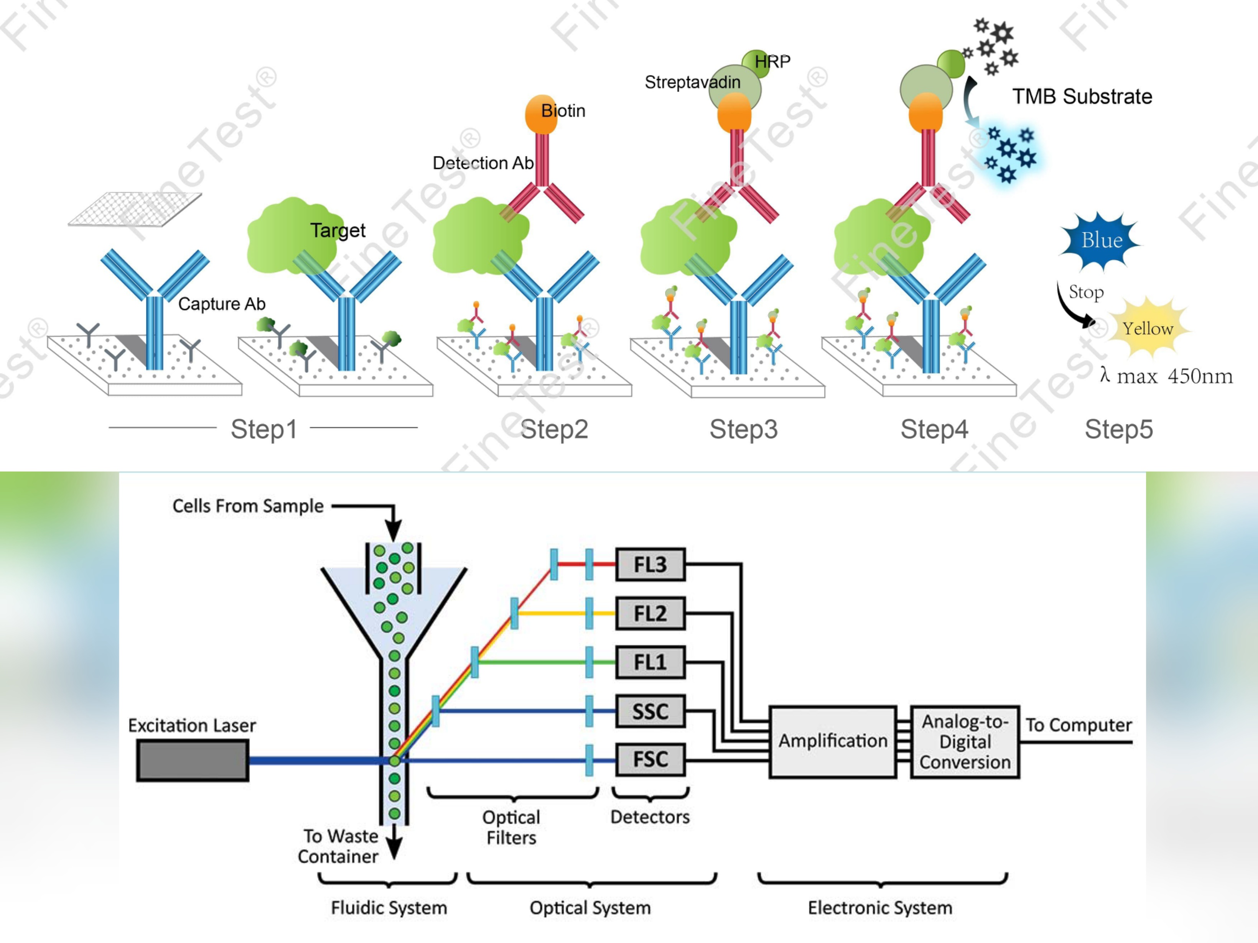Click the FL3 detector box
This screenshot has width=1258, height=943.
coord(650,564)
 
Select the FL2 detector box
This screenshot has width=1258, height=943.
coord(650,613)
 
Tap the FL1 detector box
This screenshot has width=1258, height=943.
coord(650,662)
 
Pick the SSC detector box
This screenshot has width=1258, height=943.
coord(650,711)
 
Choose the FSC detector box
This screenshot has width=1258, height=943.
coord(650,759)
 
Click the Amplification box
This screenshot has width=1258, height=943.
coord(833,741)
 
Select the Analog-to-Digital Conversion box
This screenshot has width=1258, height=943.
coord(965,742)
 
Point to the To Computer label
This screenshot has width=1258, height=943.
coord(1078,725)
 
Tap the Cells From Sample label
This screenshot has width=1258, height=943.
coord(248,506)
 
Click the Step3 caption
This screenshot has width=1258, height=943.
coord(743,429)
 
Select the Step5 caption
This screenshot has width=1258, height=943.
coord(1118,429)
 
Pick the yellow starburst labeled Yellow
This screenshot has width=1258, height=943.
coord(1148,328)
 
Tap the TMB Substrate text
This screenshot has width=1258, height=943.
coord(1082,97)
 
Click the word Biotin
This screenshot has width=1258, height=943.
coord(563,111)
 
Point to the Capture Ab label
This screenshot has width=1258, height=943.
coord(222,304)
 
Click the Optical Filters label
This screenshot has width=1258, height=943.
coord(511,827)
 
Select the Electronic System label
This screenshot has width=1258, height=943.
coord(880,908)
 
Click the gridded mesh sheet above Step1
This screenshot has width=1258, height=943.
coord(135,209)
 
